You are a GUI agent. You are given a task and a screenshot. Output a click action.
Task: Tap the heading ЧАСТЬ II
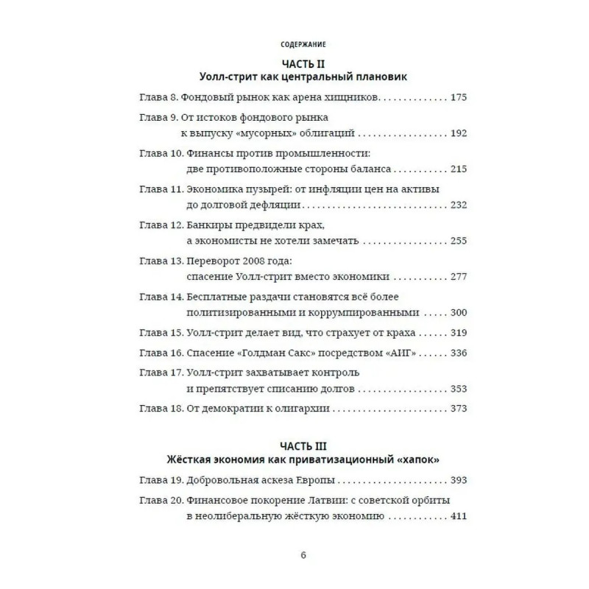click(303, 63)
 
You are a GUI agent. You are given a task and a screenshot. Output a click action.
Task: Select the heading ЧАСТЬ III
click(303, 446)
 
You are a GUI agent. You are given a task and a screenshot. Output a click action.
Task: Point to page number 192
click(457, 133)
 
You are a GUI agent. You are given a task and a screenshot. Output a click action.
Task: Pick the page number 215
click(457, 169)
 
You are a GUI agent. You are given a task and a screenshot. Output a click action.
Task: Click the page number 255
click(457, 241)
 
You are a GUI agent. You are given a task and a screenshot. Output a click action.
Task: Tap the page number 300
click(457, 312)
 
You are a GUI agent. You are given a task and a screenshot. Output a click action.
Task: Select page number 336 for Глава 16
click(457, 353)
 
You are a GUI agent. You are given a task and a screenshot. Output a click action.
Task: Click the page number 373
click(457, 409)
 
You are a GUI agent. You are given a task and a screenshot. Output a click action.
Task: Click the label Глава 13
click(161, 261)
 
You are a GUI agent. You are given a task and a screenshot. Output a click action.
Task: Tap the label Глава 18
click(161, 409)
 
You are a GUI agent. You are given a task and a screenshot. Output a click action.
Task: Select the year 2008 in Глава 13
click(258, 261)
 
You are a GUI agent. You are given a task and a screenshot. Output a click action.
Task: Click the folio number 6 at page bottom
click(303, 556)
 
